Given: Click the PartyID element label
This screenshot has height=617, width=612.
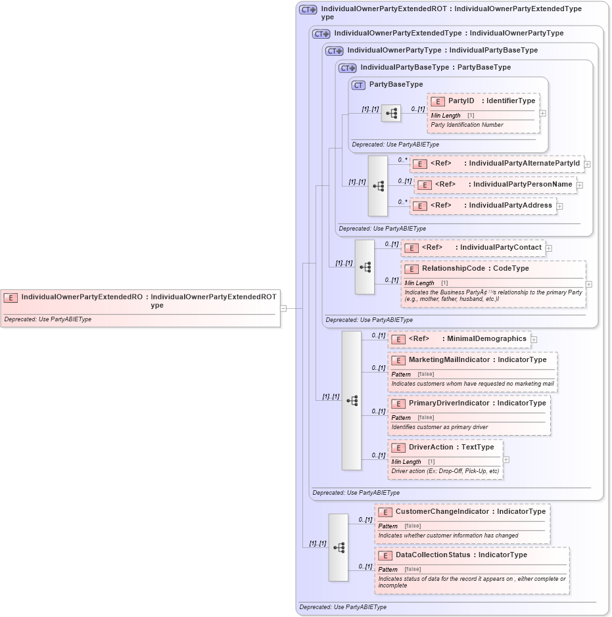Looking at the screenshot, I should [x=461, y=101].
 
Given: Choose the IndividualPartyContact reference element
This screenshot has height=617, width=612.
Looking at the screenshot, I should [x=473, y=248].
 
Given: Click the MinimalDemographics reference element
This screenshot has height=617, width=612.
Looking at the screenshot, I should [x=460, y=339].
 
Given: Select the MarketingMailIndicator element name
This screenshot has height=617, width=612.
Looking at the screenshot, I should [x=449, y=360].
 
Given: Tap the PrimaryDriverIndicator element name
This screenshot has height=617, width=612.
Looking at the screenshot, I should [x=449, y=403].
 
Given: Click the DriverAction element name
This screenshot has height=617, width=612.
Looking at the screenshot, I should [x=431, y=447].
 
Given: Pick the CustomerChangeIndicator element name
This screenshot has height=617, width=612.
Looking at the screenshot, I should [x=442, y=512].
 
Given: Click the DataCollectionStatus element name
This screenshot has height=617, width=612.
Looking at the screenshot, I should [x=433, y=555].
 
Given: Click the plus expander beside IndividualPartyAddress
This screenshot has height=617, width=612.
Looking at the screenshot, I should [x=559, y=206].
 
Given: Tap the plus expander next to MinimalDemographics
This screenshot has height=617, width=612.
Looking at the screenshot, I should [x=534, y=340].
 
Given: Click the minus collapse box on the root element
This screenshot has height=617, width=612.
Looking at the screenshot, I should [x=283, y=308].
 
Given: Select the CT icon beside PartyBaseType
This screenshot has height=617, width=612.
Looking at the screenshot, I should [x=358, y=85].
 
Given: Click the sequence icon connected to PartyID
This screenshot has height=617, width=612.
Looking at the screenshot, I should [x=391, y=114].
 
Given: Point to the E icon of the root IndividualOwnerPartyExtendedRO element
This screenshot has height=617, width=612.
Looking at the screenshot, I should [x=11, y=298].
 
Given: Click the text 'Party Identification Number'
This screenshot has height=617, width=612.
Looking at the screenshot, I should [x=467, y=125].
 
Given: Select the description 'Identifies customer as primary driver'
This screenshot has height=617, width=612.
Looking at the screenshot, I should [x=439, y=427].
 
